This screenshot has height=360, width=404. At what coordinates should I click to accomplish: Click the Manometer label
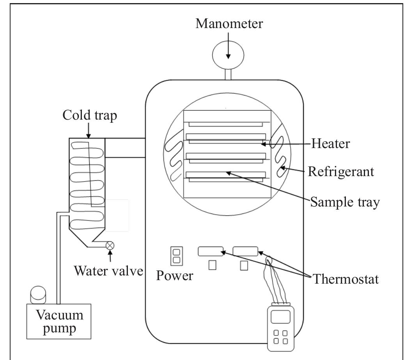click(229, 24)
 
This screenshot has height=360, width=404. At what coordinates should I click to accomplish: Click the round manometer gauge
click(228, 55)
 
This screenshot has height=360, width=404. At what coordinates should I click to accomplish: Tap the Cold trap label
click(89, 115)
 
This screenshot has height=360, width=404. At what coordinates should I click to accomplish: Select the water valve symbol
click(110, 245)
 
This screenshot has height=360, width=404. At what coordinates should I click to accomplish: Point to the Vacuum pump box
click(58, 321)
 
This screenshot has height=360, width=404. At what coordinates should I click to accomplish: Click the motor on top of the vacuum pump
click(38, 294)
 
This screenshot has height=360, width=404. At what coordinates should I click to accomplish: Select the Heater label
click(330, 144)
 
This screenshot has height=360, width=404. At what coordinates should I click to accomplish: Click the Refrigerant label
click(341, 171)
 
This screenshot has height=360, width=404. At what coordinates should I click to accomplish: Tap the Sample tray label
click(345, 202)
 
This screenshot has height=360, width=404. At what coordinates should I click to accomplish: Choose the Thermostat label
click(346, 279)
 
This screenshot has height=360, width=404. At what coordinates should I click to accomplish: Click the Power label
click(174, 276)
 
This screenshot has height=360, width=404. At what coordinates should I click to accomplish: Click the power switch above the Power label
click(176, 256)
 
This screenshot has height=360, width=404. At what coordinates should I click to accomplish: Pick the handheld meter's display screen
click(280, 316)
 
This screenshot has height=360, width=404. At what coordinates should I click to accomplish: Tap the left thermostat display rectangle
click(211, 251)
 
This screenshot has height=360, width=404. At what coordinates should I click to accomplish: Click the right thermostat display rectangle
click(245, 251)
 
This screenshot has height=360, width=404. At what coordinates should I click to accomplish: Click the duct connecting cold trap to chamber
click(125, 148)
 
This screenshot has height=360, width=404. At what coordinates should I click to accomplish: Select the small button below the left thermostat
click(212, 265)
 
